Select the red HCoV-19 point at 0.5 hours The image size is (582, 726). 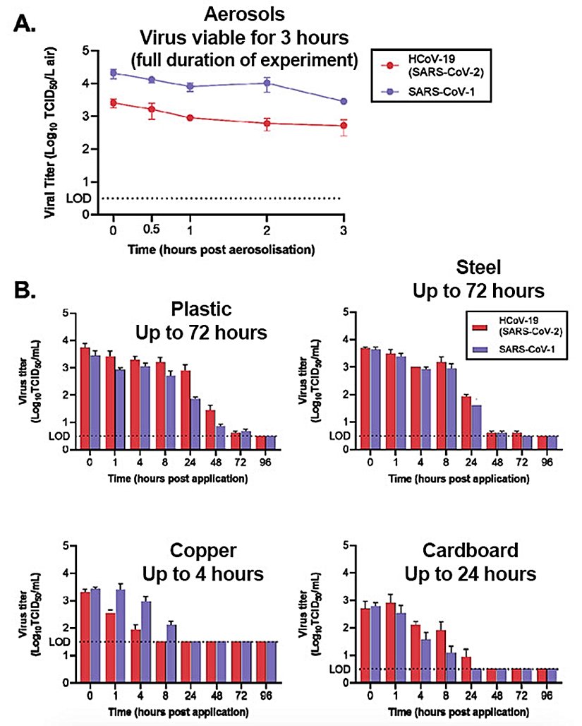151,109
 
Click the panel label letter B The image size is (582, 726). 25,290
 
